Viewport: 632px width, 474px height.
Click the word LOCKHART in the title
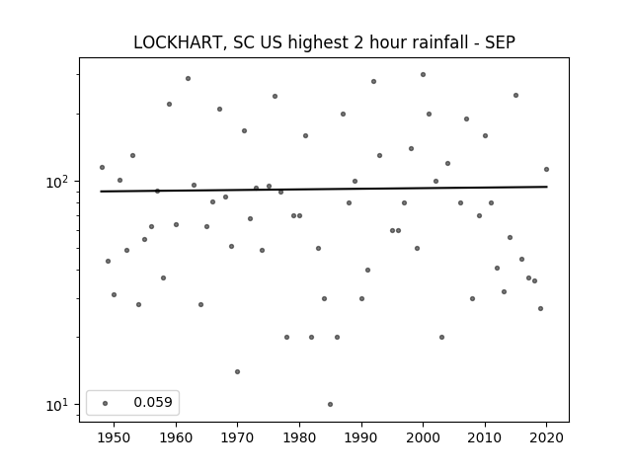(x=177, y=42)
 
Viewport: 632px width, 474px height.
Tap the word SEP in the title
(x=500, y=42)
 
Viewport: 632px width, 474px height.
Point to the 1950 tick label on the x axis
(x=115, y=437)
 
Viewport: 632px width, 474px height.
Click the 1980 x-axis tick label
(x=299, y=437)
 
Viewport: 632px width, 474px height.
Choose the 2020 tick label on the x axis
(x=546, y=437)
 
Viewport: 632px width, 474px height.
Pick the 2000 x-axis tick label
(x=423, y=437)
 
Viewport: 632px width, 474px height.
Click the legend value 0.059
(x=153, y=402)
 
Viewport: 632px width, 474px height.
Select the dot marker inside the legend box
(x=106, y=403)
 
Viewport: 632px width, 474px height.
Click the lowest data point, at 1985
(x=330, y=404)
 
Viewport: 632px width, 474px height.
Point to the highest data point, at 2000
(x=423, y=75)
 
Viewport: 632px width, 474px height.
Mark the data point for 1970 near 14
(x=237, y=371)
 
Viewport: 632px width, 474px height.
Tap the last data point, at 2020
(x=546, y=169)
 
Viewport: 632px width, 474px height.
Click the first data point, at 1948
(x=102, y=167)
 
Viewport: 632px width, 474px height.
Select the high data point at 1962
(x=188, y=79)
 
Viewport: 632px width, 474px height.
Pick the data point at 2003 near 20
(x=441, y=337)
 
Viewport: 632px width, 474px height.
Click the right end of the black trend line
(x=547, y=187)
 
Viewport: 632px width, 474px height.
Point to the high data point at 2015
(x=515, y=96)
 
